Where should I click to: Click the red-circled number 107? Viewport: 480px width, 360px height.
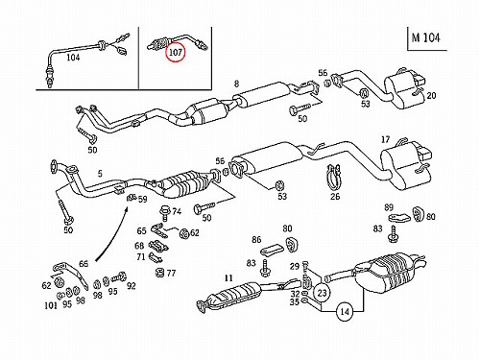(x=176, y=52)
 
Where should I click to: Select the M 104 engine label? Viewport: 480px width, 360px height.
(x=425, y=37)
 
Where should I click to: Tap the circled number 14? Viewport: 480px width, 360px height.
(x=345, y=311)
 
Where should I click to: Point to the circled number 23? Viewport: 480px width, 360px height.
(x=323, y=293)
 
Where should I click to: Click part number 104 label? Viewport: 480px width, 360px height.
(x=73, y=58)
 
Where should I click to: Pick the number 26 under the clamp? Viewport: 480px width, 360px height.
(x=335, y=196)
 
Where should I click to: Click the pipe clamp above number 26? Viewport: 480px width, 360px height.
(x=333, y=177)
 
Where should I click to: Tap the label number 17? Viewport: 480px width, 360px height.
(x=385, y=139)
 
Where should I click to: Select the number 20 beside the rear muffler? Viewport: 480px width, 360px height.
(x=431, y=95)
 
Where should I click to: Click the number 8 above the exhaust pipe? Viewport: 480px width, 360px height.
(x=236, y=84)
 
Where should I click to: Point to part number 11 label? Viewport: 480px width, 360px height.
(x=228, y=277)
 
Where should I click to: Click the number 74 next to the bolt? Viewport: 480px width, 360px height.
(x=177, y=211)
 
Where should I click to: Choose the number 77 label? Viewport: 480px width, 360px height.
(x=171, y=273)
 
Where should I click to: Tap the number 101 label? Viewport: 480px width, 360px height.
(x=51, y=305)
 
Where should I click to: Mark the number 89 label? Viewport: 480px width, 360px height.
(x=389, y=207)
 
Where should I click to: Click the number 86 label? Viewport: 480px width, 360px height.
(x=256, y=239)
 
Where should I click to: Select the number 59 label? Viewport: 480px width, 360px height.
(x=142, y=200)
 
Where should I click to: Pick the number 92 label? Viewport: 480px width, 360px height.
(x=131, y=286)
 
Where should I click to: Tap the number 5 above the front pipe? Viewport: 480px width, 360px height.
(x=100, y=174)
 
